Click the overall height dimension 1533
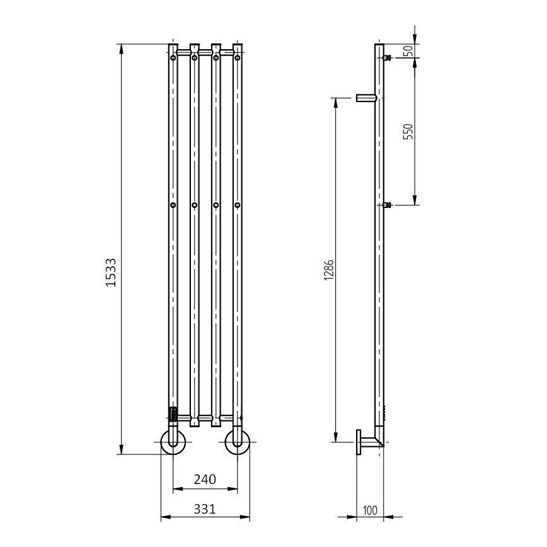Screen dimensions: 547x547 pos(111,272)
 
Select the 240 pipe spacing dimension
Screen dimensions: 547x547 pos(205,480)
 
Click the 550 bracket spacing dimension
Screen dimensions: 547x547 pos(407,131)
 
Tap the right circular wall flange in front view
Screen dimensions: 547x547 pos(237,441)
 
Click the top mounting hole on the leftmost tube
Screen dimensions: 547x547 pos(173,58)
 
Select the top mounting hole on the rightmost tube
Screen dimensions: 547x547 pos(237,58)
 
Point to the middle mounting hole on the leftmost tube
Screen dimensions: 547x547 pos(173,205)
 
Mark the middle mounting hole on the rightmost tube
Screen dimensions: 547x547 pos(237,205)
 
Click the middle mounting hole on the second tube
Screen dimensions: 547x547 pos(195,205)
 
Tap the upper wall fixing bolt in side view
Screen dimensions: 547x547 pos(387,58)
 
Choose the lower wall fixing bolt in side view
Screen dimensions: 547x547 pos(387,205)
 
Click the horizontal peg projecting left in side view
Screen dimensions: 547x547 pos(366,98)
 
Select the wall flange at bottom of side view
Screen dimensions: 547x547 pos(359,442)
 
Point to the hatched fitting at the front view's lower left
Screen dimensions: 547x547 pos(173,414)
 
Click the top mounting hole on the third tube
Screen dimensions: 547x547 pos(216,58)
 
